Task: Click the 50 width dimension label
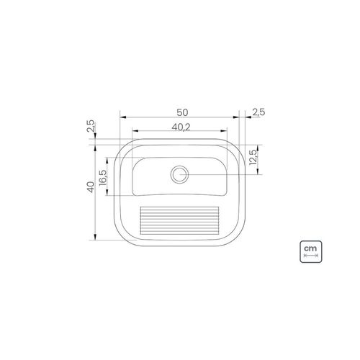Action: [182, 112]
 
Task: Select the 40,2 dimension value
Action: [181, 127]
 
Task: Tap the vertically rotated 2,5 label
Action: [91, 126]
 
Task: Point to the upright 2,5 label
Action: [258, 112]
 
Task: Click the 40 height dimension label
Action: [91, 186]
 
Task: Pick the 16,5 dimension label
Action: [102, 177]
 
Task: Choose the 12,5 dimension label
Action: [253, 158]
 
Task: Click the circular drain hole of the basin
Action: [179, 174]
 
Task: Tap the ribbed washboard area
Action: [179, 220]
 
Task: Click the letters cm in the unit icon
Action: [310, 248]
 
